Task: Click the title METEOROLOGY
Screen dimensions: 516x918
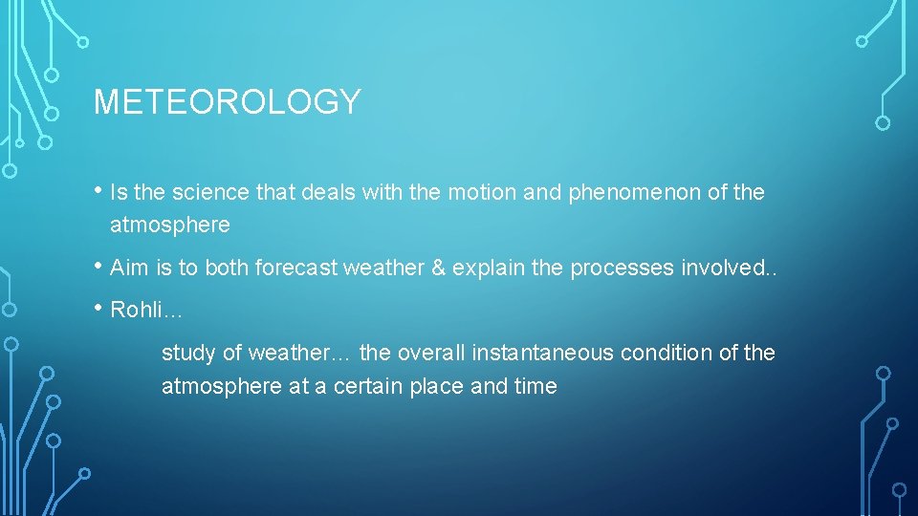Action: coord(227,101)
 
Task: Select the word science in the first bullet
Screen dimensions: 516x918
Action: coord(214,192)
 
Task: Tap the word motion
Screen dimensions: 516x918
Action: coord(479,192)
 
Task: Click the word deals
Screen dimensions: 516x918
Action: coord(329,192)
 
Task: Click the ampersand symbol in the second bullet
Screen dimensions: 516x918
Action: coord(438,268)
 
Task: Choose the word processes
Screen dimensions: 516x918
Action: coord(622,268)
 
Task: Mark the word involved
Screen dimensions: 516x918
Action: coord(718,268)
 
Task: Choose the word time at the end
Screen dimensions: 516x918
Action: coord(536,387)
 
